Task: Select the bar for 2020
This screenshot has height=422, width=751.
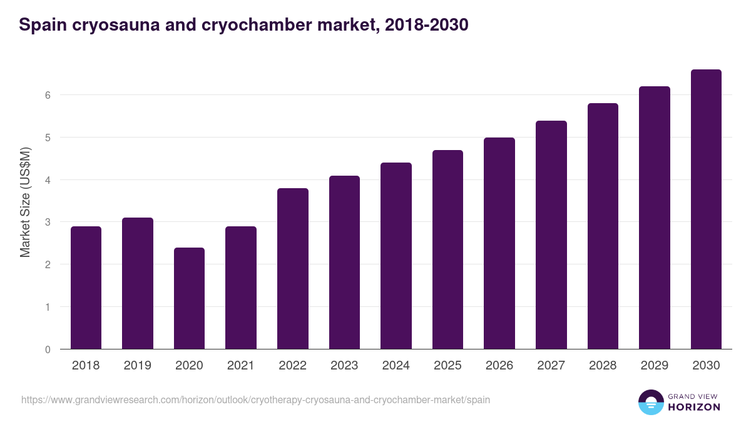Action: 189,298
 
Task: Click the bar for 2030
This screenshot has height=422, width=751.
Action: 706,209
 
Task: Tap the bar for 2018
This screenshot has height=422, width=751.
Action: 86,288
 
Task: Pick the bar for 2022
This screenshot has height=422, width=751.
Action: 293,269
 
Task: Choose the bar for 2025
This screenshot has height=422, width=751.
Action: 447,249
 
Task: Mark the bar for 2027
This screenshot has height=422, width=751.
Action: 551,235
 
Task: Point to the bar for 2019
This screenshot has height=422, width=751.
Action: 138,283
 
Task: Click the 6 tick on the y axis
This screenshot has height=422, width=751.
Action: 48,95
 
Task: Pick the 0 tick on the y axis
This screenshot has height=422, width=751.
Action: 48,349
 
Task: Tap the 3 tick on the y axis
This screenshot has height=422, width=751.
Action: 48,222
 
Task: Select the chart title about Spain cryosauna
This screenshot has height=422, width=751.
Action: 243,25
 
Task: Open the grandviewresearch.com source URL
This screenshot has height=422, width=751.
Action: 255,399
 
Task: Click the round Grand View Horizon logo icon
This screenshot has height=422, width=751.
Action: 650,402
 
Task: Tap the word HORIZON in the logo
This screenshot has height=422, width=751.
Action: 694,407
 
